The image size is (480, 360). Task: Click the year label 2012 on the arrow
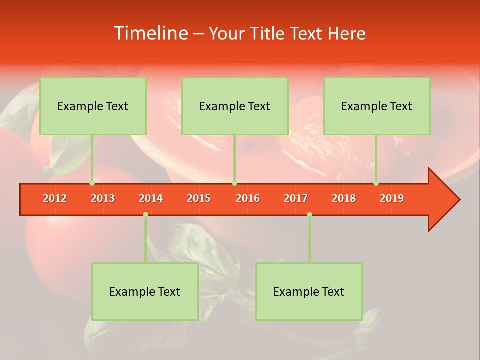point(55,198)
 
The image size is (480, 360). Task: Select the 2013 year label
point(103,198)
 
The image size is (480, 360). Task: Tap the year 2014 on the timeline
point(151,198)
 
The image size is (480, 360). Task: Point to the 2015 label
point(199,198)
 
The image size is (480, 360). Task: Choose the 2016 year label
point(248,198)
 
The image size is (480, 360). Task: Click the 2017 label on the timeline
point(296,198)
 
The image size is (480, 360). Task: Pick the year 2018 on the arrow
point(344,198)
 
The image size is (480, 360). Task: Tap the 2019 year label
point(392,198)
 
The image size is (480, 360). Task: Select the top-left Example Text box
point(93,106)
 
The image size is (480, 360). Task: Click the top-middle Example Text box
point(235,106)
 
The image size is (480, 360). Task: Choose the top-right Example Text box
point(377,106)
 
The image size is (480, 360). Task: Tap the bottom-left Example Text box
point(145,292)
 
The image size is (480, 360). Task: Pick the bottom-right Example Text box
point(309,292)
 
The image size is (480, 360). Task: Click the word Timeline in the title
point(150,33)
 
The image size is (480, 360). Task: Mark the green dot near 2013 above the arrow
point(92,183)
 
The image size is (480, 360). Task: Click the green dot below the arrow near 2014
point(145,215)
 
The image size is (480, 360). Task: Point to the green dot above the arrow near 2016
point(234,183)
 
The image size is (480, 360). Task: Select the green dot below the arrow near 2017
point(309,215)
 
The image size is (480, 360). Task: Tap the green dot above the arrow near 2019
point(376,183)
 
